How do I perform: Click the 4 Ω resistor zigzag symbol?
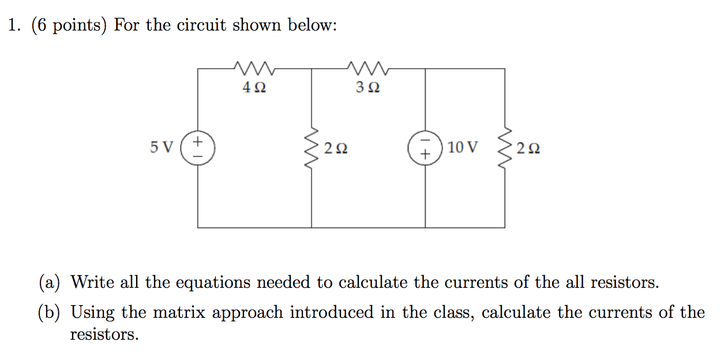pos(254,69)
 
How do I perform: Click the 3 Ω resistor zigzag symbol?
pos(369,69)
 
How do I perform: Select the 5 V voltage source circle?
pos(198,148)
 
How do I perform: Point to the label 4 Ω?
pos(254,88)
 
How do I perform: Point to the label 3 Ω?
pos(368,88)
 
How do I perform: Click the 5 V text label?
pos(161,148)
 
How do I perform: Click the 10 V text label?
pos(462,148)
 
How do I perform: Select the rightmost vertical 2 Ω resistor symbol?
pos(505,148)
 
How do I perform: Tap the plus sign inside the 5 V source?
pos(198,141)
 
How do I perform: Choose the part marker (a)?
pos(50,283)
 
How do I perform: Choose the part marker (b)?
pos(50,313)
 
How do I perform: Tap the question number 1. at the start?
pos(14,26)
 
